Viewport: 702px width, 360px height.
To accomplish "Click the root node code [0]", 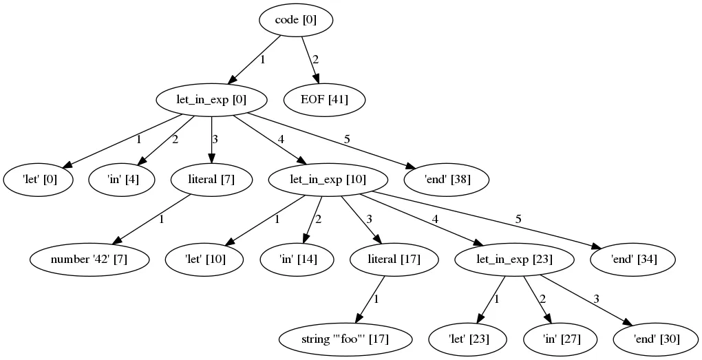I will click(296, 20).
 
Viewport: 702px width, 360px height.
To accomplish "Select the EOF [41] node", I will click(324, 100).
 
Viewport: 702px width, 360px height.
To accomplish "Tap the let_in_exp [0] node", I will click(211, 100).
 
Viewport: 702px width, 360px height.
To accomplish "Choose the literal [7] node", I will click(211, 180).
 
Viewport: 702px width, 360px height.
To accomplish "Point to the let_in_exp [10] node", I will click(328, 180).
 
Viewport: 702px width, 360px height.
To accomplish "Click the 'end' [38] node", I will click(448, 180).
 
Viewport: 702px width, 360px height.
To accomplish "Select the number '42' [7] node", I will click(89, 260).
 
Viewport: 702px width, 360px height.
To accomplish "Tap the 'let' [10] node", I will click(205, 260).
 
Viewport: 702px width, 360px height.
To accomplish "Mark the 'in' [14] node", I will click(298, 260).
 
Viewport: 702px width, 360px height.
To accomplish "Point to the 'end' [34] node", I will click(634, 260).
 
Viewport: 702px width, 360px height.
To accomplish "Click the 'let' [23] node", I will click(468, 339).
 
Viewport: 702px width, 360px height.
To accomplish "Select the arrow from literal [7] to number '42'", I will click(151, 220).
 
